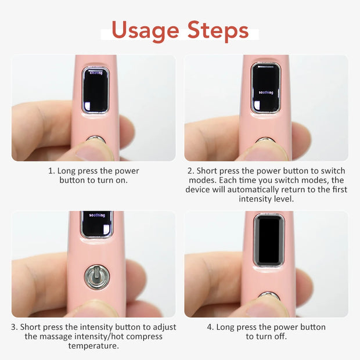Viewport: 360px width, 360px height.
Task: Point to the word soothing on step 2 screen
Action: pyautogui.click(x=266, y=92)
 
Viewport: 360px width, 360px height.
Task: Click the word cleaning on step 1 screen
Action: pyautogui.click(x=96, y=73)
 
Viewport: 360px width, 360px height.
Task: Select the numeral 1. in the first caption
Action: pyautogui.click(x=52, y=171)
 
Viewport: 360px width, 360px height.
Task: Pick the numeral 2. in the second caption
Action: pyautogui.click(x=190, y=171)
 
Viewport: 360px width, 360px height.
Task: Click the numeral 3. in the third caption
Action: pyautogui.click(x=14, y=327)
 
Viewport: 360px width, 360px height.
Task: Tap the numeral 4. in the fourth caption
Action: pyautogui.click(x=210, y=327)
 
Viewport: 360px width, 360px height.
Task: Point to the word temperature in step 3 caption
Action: pyautogui.click(x=93, y=345)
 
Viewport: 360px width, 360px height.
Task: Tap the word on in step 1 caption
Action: pyautogui.click(x=121, y=181)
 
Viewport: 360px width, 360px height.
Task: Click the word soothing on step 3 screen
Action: pyautogui.click(x=97, y=215)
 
